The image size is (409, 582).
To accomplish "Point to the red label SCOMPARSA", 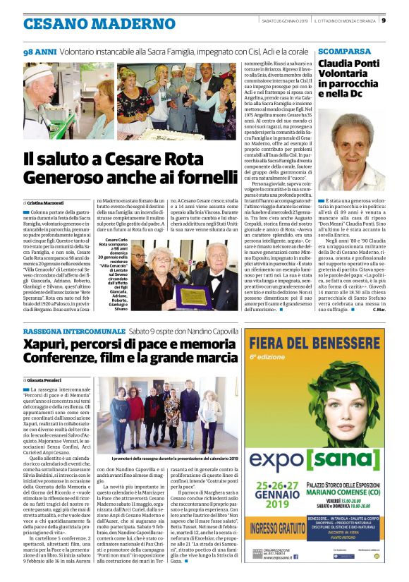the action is click(344, 52).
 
